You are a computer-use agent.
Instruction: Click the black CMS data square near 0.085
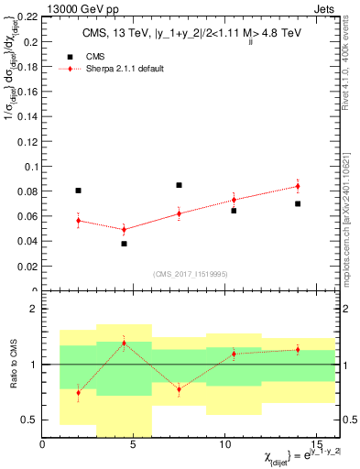click(x=179, y=185)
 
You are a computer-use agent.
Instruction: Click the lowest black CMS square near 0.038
click(x=124, y=244)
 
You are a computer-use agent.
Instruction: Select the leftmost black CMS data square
click(x=78, y=191)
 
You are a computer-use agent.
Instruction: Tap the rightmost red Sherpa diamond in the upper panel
click(x=297, y=186)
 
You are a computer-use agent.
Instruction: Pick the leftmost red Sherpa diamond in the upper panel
click(x=78, y=221)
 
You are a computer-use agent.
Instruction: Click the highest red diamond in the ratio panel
click(x=124, y=344)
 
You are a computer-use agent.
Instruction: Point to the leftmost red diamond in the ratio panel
click(x=78, y=393)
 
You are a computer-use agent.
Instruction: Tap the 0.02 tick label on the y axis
click(x=27, y=267)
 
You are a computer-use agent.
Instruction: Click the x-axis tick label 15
click(x=315, y=444)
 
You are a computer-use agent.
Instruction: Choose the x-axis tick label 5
click(x=133, y=444)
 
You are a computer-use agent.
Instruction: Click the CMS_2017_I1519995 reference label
click(x=190, y=272)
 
